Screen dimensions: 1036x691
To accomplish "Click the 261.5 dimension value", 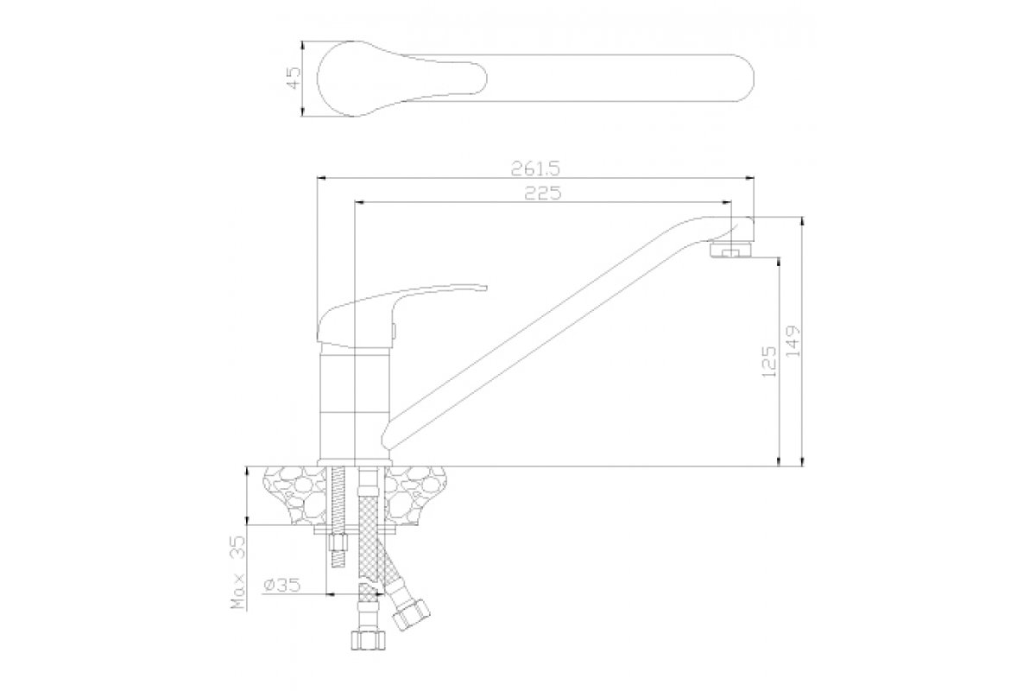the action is [x=535, y=168].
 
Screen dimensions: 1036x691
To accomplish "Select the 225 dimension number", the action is [x=542, y=193].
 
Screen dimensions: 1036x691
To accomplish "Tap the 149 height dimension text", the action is [x=793, y=340].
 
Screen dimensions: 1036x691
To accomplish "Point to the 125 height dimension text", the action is [x=768, y=361].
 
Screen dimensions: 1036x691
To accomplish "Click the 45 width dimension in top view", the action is [x=294, y=79].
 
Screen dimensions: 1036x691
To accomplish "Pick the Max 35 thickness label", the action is [x=238, y=572].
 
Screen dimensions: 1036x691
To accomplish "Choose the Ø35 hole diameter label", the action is [x=281, y=585].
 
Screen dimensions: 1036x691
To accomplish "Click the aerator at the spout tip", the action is [x=730, y=250].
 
